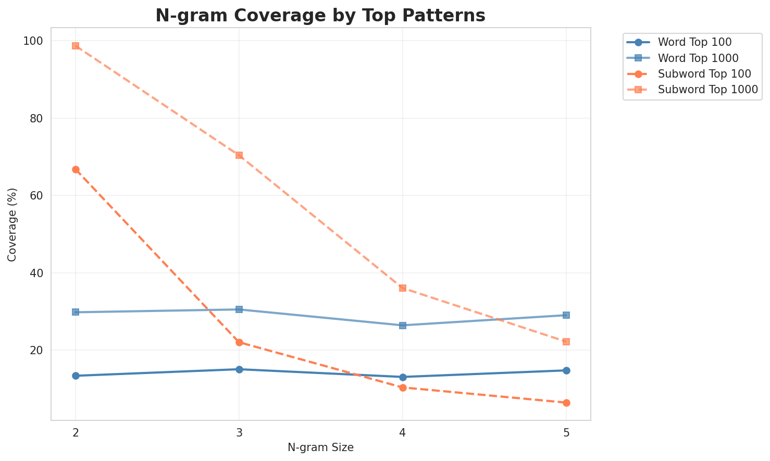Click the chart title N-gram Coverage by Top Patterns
tap(320, 16)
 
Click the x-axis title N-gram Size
tap(320, 447)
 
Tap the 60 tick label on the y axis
tap(38, 196)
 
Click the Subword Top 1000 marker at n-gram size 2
tap(76, 46)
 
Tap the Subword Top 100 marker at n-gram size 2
tap(76, 170)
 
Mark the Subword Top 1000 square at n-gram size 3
tap(239, 155)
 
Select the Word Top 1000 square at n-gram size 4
tap(403, 326)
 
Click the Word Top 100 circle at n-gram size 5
tap(566, 370)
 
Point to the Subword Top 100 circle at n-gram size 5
tap(566, 403)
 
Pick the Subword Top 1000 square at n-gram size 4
tap(403, 288)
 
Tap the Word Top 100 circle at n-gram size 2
tap(76, 376)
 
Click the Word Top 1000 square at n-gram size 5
tap(566, 315)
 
